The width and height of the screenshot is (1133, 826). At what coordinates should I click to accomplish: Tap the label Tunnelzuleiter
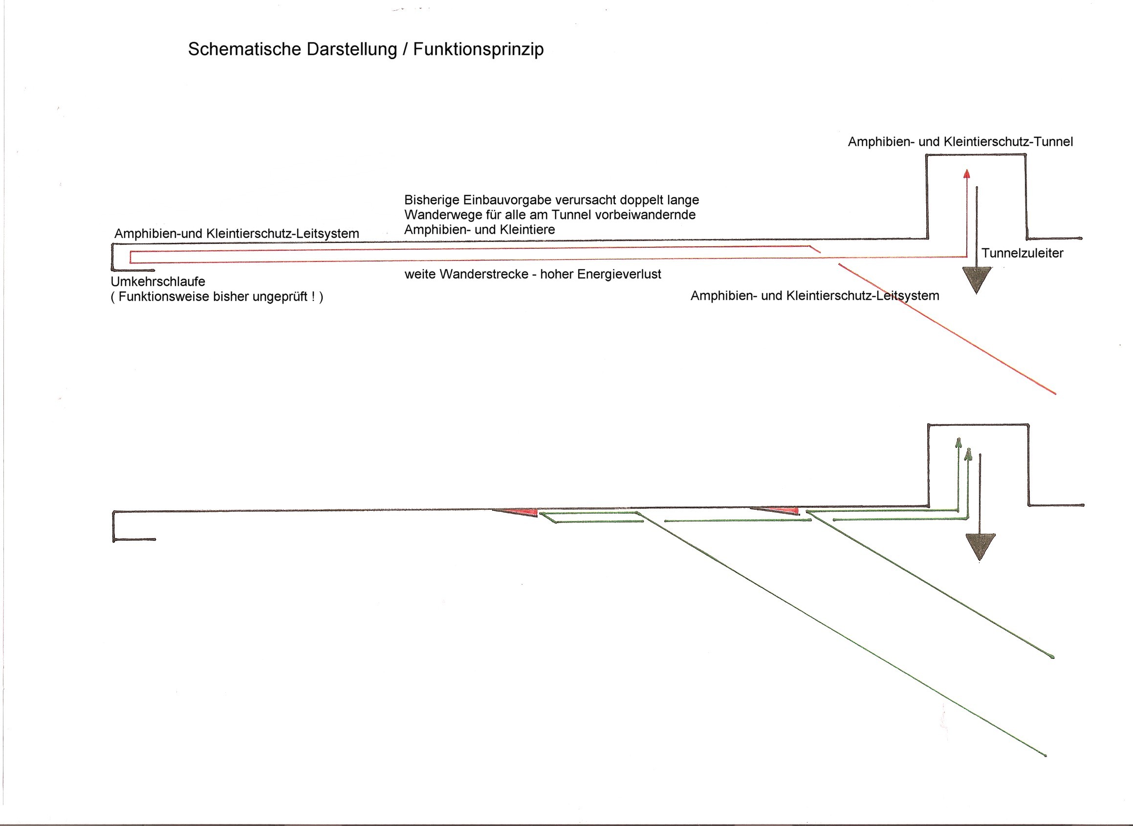pyautogui.click(x=1022, y=253)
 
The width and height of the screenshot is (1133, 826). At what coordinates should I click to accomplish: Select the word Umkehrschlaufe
pyautogui.click(x=158, y=282)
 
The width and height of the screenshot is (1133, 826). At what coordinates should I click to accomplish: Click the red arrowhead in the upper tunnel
pyautogui.click(x=966, y=174)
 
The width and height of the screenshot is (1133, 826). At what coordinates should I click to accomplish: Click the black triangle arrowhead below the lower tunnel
pyautogui.click(x=980, y=546)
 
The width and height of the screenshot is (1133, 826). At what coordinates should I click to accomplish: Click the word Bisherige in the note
pyautogui.click(x=432, y=200)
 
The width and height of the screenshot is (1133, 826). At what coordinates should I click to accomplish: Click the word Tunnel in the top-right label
pyautogui.click(x=1053, y=142)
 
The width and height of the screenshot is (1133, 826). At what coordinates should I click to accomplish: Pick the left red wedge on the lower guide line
pyautogui.click(x=523, y=513)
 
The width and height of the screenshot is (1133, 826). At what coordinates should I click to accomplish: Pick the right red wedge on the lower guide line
pyautogui.click(x=783, y=510)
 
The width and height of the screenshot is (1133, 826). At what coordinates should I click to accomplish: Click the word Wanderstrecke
pyautogui.click(x=483, y=274)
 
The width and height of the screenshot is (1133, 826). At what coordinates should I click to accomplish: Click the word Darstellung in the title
pyautogui.click(x=351, y=49)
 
